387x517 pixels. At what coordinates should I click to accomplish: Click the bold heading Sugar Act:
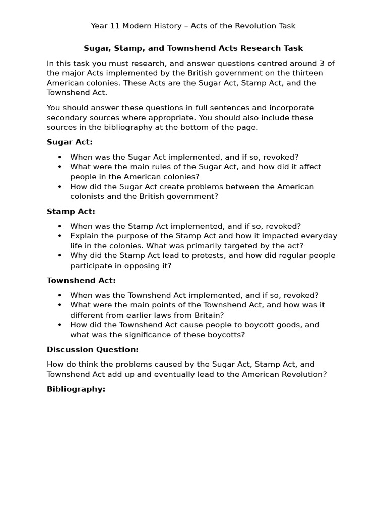(x=70, y=142)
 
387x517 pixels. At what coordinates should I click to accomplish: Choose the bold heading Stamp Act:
(x=71, y=212)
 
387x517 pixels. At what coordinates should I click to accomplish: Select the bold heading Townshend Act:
(x=81, y=281)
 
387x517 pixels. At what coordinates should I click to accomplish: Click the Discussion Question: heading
(x=92, y=350)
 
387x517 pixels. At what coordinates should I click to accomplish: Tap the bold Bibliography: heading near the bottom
(x=76, y=389)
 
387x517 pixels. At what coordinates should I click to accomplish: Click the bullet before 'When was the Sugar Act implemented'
(x=60, y=157)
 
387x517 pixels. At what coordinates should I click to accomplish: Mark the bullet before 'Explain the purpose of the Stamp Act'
(x=60, y=236)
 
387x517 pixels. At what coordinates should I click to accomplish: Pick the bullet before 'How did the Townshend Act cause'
(x=60, y=325)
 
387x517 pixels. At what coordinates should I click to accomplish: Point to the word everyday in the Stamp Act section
(x=320, y=236)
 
